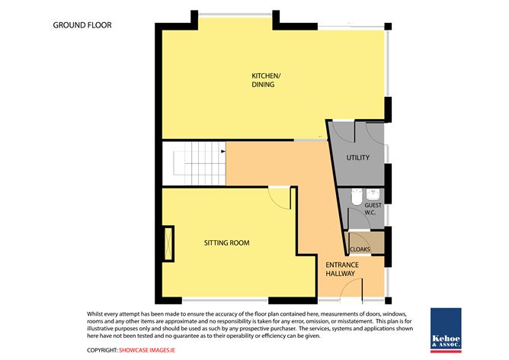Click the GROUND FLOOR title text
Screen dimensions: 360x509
[x=82, y=25]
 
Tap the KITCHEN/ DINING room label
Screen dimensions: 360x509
[x=264, y=80]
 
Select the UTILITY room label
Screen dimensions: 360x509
[x=357, y=158]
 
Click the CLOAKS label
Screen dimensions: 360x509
[x=360, y=248]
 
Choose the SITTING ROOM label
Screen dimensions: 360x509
[x=226, y=243]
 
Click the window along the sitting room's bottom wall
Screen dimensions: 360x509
[x=238, y=297]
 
